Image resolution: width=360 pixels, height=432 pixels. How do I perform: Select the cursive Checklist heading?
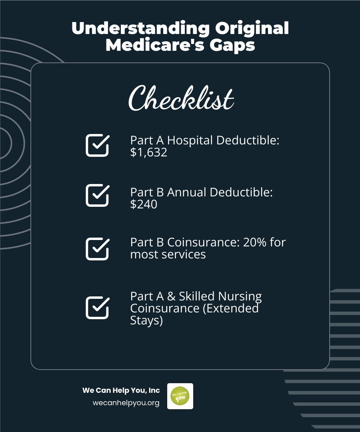click(x=181, y=98)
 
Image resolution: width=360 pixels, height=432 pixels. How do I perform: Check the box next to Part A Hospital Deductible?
click(x=97, y=145)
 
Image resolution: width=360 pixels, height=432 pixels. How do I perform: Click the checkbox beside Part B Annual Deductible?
click(x=97, y=195)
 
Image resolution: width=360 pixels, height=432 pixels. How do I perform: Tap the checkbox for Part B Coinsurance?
click(x=97, y=248)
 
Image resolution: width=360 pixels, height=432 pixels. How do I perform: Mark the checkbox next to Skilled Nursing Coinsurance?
click(x=97, y=308)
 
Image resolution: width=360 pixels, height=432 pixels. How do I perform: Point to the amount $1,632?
click(x=149, y=152)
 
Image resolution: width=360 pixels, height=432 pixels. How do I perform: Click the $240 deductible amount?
click(x=144, y=204)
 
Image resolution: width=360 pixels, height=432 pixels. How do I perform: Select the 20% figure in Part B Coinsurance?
click(x=255, y=242)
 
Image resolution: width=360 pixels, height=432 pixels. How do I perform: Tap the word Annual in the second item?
click(x=187, y=192)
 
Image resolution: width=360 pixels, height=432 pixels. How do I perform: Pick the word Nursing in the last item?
click(x=240, y=296)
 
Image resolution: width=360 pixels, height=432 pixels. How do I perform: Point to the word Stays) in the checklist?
click(x=146, y=320)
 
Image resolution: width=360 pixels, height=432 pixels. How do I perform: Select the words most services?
click(x=168, y=254)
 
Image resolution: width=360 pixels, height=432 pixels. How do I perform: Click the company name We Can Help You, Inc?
click(x=121, y=390)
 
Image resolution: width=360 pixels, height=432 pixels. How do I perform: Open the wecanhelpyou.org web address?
click(x=126, y=403)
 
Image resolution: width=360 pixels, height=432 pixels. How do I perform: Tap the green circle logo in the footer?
click(x=180, y=396)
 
